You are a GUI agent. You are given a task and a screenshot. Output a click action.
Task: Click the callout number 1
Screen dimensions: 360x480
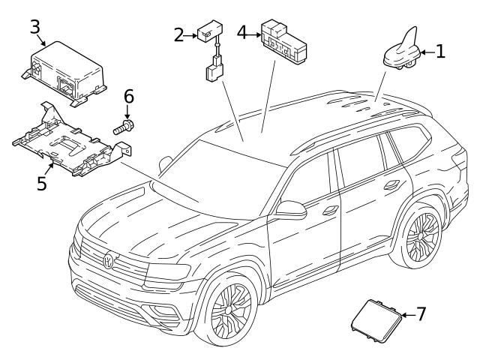(441, 51)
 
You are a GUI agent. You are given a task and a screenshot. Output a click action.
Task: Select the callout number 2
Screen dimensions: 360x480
(178, 34)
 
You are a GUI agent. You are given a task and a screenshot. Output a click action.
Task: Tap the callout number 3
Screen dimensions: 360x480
(34, 27)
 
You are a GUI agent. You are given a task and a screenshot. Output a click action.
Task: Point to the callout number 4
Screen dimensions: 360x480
(242, 32)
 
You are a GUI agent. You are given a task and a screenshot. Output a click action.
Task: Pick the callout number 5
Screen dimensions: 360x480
(42, 182)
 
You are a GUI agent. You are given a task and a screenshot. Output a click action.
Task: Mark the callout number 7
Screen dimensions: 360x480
(421, 313)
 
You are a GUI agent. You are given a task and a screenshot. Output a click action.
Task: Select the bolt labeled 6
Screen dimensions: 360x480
(124, 128)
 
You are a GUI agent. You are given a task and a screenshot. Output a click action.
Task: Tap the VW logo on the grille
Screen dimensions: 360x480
(109, 262)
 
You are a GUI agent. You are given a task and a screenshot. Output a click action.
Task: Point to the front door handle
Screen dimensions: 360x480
(328, 211)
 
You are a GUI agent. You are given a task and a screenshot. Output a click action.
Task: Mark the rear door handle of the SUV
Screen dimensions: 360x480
(390, 184)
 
